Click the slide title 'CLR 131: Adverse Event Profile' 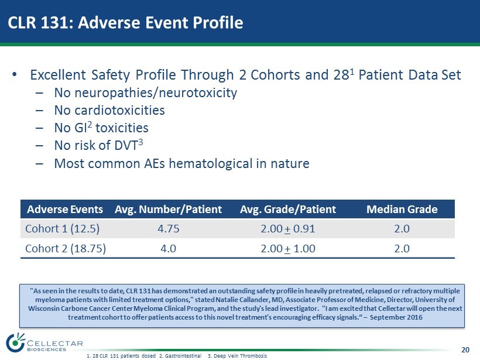[x=125, y=22]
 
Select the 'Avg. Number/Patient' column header [x=168, y=210]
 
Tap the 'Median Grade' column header [x=402, y=210]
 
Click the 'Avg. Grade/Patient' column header [x=288, y=210]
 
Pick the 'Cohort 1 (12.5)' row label [x=63, y=229]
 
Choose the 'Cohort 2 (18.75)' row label [x=66, y=249]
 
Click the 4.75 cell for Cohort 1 [x=169, y=229]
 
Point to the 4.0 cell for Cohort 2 [x=169, y=249]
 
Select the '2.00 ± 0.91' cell [x=288, y=229]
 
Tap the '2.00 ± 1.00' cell [x=288, y=249]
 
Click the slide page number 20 [x=465, y=350]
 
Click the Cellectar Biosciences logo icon [x=15, y=342]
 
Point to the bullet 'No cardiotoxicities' [x=109, y=110]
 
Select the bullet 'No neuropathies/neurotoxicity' [x=145, y=92]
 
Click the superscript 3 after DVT [x=140, y=142]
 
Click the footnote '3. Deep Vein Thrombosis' [x=237, y=356]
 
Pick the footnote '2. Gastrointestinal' [x=180, y=356]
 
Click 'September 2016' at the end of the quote [x=396, y=317]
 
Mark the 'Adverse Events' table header [x=65, y=210]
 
